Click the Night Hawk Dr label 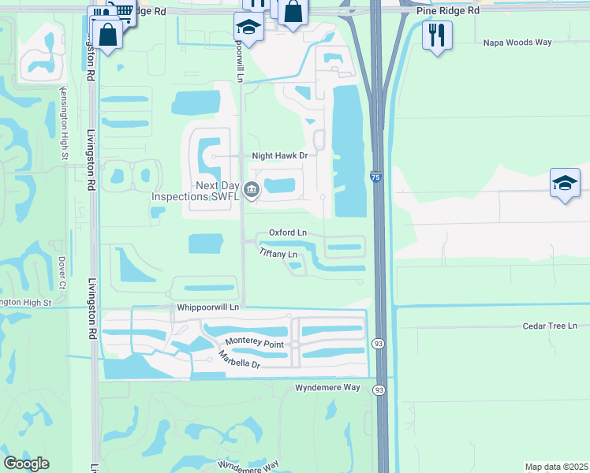[279, 156]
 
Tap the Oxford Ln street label [287, 233]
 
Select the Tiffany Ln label [278, 254]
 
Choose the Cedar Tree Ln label [550, 326]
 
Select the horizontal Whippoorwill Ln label [208, 306]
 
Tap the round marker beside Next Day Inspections [252, 188]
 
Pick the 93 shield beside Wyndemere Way [379, 390]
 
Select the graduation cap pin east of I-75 [565, 183]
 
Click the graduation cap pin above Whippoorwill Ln [248, 28]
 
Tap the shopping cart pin [121, 9]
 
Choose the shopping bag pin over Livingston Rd [106, 34]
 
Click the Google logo [26, 464]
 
